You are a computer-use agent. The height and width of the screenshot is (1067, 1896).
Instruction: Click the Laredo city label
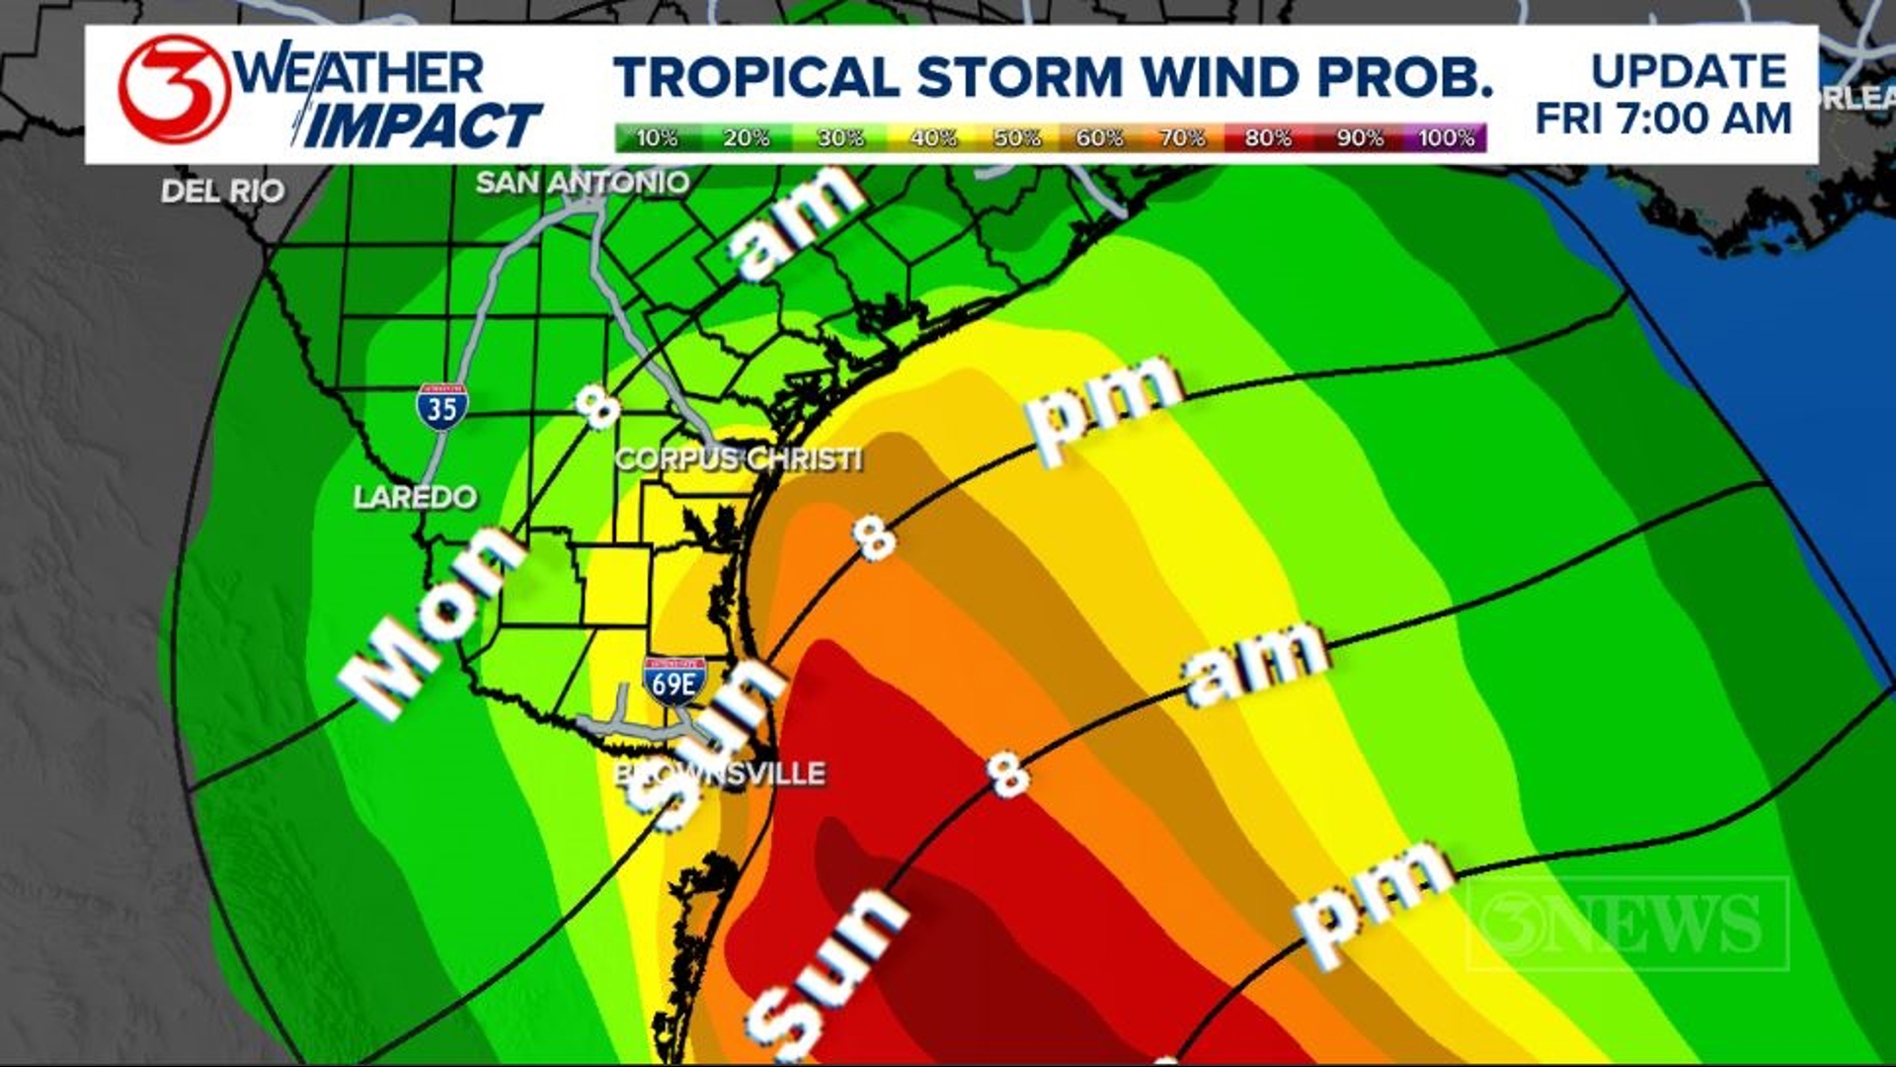pyautogui.click(x=415, y=496)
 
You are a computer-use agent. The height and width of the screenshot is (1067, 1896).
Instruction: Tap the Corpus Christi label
pyautogui.click(x=738, y=459)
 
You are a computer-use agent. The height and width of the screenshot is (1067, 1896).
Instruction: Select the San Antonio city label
pyautogui.click(x=583, y=183)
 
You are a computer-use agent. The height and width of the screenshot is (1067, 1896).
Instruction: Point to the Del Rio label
pyautogui.click(x=222, y=191)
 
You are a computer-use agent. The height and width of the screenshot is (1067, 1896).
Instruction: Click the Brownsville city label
pyautogui.click(x=720, y=774)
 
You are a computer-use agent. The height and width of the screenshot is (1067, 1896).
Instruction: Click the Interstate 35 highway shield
pyautogui.click(x=441, y=406)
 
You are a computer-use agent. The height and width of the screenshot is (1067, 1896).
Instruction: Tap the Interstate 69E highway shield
pyautogui.click(x=674, y=681)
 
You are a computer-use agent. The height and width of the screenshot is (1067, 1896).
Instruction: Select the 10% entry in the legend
pyautogui.click(x=657, y=138)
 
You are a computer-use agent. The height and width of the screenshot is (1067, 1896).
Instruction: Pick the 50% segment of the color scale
pyautogui.click(x=1017, y=138)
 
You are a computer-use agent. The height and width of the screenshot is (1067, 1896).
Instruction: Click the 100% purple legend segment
pyautogui.click(x=1447, y=138)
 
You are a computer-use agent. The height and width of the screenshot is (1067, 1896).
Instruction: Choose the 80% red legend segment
pyautogui.click(x=1268, y=138)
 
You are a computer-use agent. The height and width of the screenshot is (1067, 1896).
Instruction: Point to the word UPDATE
pyautogui.click(x=1689, y=71)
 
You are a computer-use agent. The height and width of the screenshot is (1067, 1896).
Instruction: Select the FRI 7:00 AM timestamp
pyautogui.click(x=1664, y=119)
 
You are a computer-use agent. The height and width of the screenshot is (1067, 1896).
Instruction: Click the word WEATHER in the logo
pyautogui.click(x=360, y=71)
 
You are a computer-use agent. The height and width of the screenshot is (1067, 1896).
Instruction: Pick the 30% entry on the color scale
pyautogui.click(x=839, y=138)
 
